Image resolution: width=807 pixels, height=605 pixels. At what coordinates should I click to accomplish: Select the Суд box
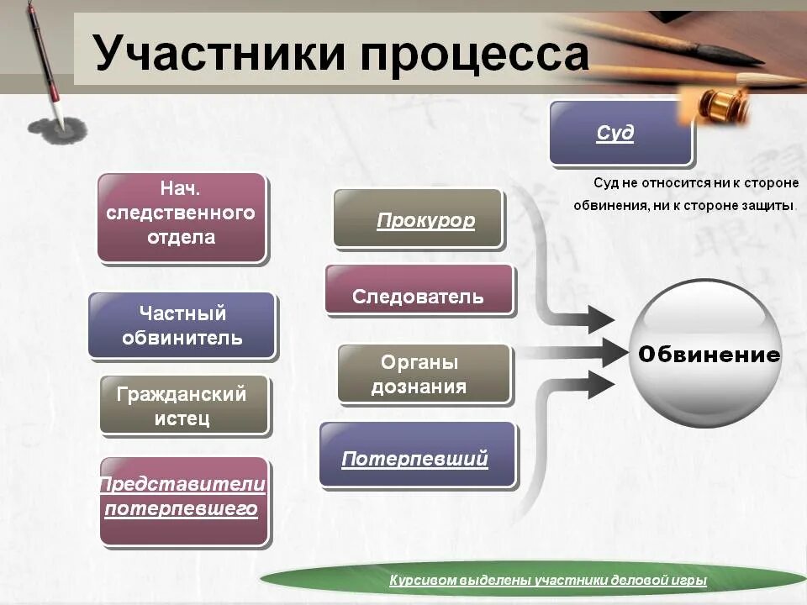(x=620, y=133)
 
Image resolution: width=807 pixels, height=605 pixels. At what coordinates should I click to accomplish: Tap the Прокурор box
(x=419, y=219)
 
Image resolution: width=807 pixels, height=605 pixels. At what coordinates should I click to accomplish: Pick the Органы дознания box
(x=424, y=374)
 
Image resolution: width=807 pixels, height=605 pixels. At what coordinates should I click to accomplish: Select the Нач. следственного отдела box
(x=182, y=217)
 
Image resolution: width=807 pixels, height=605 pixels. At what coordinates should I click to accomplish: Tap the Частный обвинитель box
(x=182, y=325)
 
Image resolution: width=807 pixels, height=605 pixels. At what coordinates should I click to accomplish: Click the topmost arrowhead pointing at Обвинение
(x=600, y=318)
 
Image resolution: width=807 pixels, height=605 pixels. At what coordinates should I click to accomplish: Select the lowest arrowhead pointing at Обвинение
(x=600, y=384)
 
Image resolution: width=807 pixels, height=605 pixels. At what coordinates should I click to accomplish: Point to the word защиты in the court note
(x=770, y=205)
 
